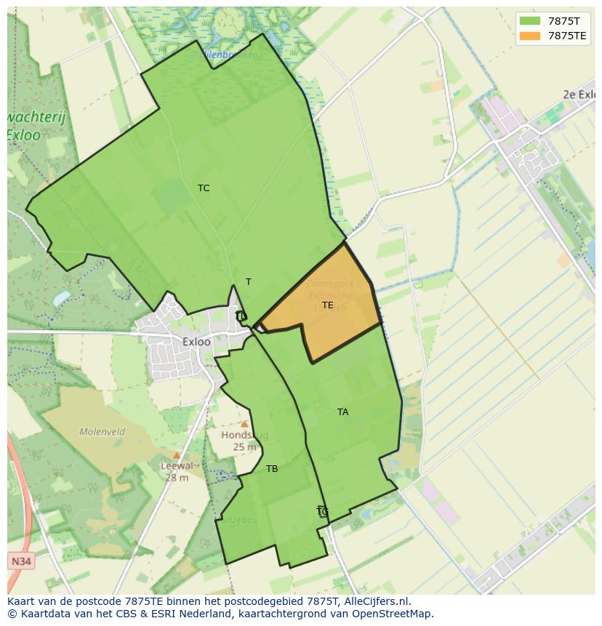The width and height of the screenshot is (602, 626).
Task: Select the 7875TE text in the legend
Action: pyautogui.click(x=567, y=36)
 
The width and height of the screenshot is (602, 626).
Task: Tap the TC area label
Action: pyautogui.click(x=204, y=188)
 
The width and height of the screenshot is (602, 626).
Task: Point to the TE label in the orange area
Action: pyautogui.click(x=328, y=305)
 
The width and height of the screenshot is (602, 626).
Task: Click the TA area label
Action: pyautogui.click(x=342, y=412)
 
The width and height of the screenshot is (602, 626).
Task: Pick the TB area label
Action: pyautogui.click(x=272, y=469)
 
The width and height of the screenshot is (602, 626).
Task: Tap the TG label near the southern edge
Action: pyautogui.click(x=323, y=512)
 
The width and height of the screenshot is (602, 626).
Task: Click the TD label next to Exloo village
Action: pyautogui.click(x=241, y=316)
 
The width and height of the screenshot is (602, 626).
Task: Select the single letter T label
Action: pyautogui.click(x=249, y=282)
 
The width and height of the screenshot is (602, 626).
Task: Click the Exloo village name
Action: pyautogui.click(x=197, y=342)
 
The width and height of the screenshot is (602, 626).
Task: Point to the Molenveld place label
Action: pyautogui.click(x=103, y=432)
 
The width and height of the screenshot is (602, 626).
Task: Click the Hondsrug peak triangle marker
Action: pyautogui.click(x=245, y=424)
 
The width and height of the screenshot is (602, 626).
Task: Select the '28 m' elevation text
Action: pyautogui.click(x=177, y=478)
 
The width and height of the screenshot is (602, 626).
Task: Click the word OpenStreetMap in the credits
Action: pyautogui.click(x=395, y=614)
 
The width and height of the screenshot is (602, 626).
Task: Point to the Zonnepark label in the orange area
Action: pyautogui.click(x=330, y=283)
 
